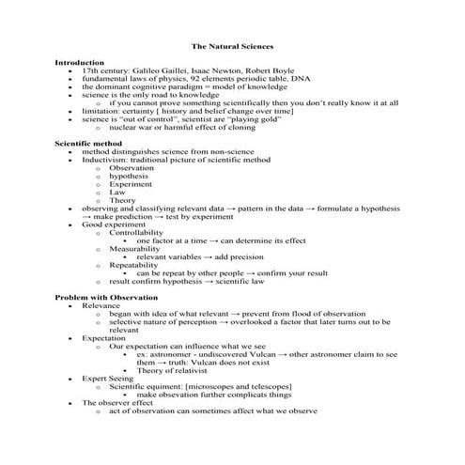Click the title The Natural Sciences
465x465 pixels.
tap(232, 45)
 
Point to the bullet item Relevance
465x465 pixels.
tap(101, 305)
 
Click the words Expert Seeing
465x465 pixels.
tap(108, 379)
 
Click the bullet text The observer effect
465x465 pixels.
tap(118, 403)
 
